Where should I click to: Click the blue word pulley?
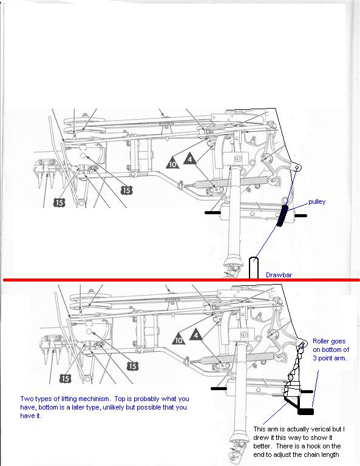(317, 202)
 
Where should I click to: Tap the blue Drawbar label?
(279, 275)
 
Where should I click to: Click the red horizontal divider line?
(182, 280)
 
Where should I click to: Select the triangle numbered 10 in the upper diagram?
(173, 163)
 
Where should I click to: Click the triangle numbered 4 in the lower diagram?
(196, 334)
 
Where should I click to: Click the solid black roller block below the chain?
(305, 411)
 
